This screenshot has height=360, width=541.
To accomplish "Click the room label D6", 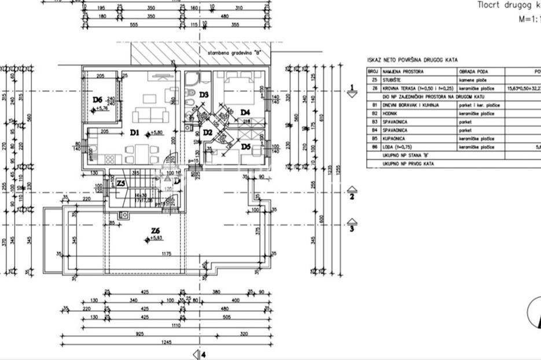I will tap(98, 100).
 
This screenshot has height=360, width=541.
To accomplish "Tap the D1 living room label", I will tap(135, 133).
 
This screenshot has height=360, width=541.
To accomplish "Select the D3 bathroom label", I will tap(204, 94).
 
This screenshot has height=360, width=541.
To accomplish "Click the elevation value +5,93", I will tap(157, 238).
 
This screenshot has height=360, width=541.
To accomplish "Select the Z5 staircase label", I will tap(121, 183).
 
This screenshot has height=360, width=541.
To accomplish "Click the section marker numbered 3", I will tap(351, 224).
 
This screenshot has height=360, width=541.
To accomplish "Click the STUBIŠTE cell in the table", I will tap(393, 80).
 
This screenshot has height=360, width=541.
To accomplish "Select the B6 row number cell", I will tap(374, 147).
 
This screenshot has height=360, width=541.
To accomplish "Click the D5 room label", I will tap(245, 147).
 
